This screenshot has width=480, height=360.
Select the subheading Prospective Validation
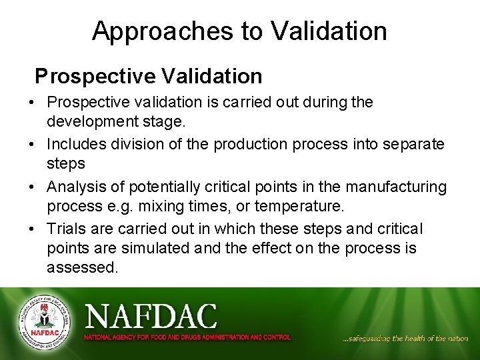click(x=149, y=76)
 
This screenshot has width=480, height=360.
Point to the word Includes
click(x=75, y=144)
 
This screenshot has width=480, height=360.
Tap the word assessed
click(x=82, y=269)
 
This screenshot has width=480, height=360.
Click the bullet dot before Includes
click(x=33, y=145)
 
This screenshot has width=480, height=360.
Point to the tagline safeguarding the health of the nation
click(x=405, y=339)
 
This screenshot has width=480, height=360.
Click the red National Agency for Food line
click(x=187, y=337)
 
